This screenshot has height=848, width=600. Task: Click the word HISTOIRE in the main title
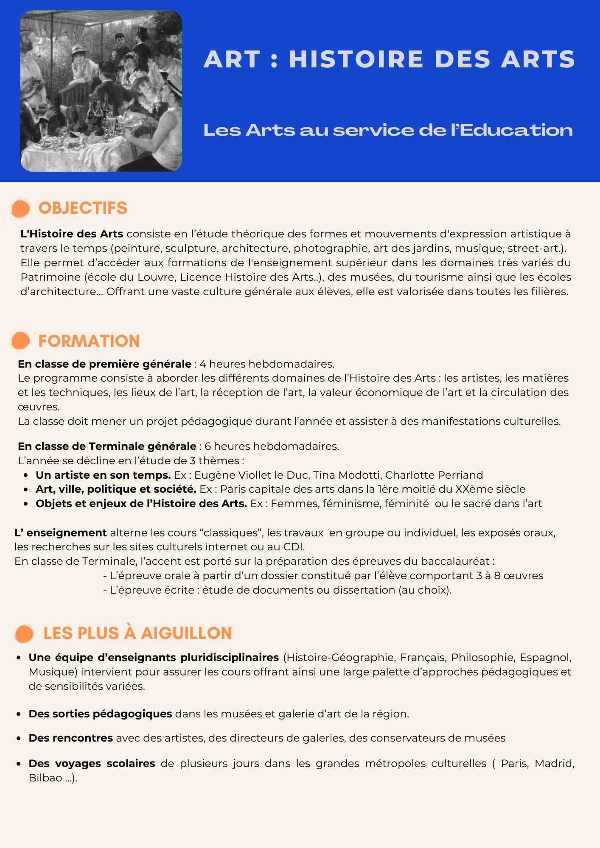click(356, 59)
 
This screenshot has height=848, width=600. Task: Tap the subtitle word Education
click(516, 130)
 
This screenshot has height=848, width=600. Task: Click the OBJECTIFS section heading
click(83, 208)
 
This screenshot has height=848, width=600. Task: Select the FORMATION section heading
click(89, 341)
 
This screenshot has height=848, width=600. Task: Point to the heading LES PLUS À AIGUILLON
click(137, 633)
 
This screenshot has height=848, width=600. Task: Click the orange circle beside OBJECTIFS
click(20, 209)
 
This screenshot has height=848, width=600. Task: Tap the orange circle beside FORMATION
click(20, 341)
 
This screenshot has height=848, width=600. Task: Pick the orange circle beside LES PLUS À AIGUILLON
click(24, 634)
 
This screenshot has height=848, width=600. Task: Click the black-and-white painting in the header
click(101, 91)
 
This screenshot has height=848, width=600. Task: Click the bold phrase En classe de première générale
click(104, 364)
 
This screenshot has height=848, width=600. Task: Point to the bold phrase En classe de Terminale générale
click(107, 446)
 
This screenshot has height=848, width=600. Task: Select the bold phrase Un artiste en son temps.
click(103, 475)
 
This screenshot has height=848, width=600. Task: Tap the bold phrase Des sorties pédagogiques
click(100, 714)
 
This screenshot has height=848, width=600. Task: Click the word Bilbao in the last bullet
click(45, 778)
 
